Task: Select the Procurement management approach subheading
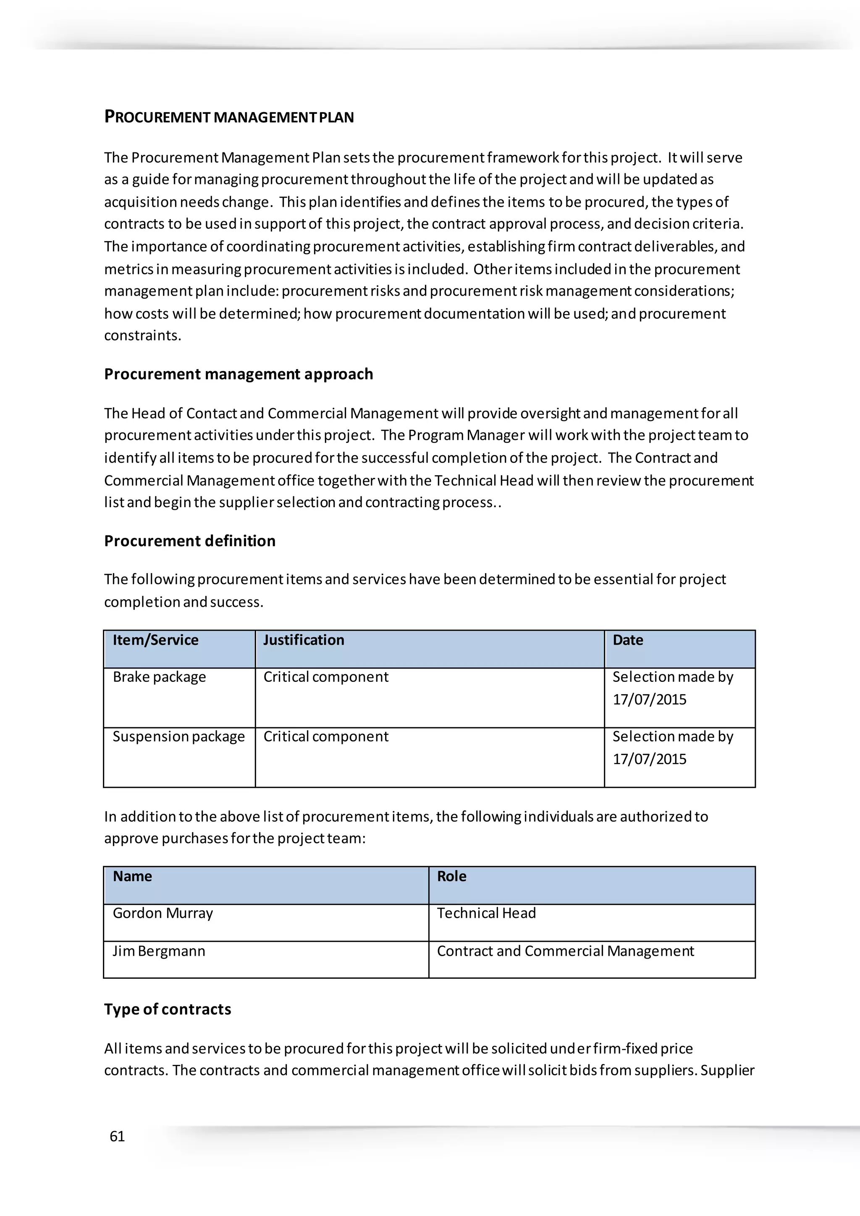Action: tap(238, 374)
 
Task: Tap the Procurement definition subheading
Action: tap(189, 541)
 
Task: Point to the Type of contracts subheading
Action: tap(168, 1009)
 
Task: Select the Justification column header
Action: tap(304, 640)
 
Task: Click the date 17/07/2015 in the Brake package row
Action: tap(649, 700)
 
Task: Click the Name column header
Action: tap(132, 876)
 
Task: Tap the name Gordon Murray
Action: tap(163, 913)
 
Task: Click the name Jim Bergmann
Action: tap(158, 951)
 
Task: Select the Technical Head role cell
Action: tap(486, 913)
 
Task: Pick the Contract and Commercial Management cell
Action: tap(565, 951)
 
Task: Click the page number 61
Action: tap(117, 1136)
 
